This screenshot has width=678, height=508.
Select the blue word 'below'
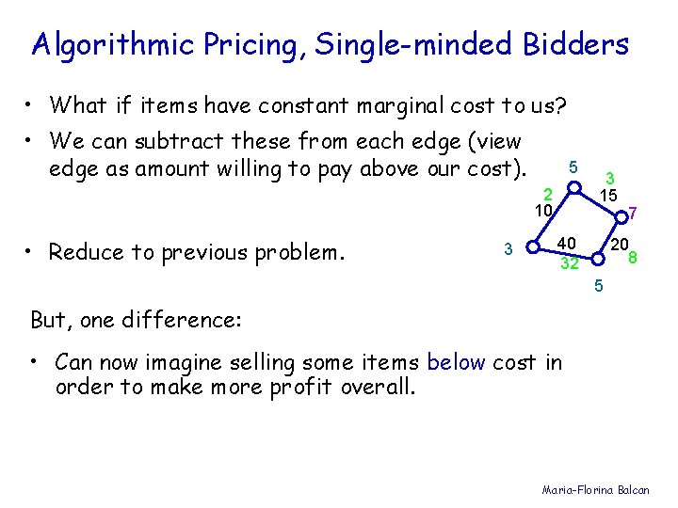(x=457, y=362)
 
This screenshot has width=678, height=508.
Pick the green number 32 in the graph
(x=569, y=263)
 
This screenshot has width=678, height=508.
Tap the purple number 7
(x=634, y=215)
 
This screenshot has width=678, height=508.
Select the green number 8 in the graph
(x=634, y=258)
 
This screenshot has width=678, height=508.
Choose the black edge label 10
(x=542, y=211)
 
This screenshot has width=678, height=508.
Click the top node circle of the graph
(x=573, y=187)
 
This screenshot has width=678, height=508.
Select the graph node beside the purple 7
(x=618, y=217)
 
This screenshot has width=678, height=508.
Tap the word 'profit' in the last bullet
(x=291, y=387)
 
